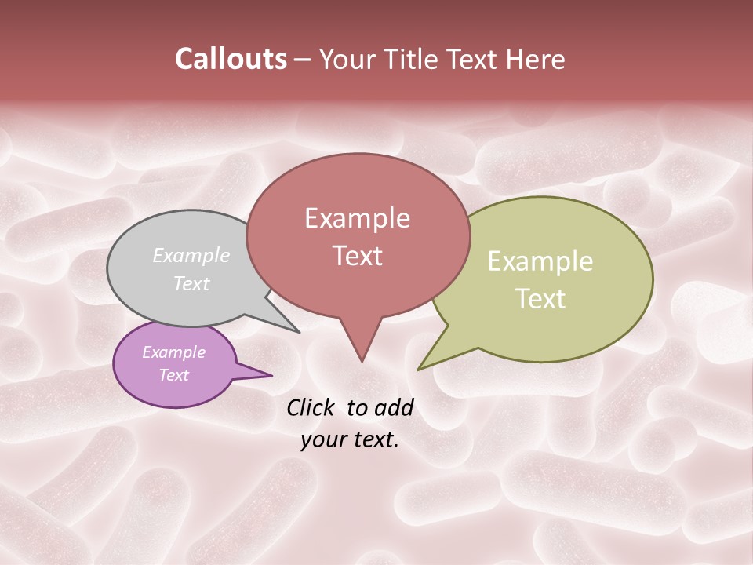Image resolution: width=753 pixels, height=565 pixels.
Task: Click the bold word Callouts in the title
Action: coord(231,59)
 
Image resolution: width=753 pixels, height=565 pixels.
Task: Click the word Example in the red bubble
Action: coord(357,218)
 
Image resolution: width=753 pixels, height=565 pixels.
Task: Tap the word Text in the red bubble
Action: coord(357,256)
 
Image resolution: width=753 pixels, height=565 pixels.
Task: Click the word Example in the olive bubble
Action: coord(540,261)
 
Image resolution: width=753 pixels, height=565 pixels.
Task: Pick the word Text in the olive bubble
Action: coord(540,299)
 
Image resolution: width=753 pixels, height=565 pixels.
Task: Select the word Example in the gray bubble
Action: coord(191,256)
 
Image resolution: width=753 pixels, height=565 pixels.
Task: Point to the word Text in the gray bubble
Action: coord(191,283)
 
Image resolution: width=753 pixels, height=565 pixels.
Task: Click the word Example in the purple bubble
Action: coord(173,352)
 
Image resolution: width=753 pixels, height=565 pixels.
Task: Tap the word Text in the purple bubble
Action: coord(173,375)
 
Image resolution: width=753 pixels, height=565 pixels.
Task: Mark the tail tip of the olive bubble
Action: coord(419,369)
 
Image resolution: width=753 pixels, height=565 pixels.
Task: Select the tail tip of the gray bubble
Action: coord(298,331)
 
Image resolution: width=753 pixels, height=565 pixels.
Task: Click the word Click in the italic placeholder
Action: coord(311,407)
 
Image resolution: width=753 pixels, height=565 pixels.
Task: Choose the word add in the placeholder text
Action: coord(395,407)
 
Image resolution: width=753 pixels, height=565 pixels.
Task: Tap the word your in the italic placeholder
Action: coord(322,439)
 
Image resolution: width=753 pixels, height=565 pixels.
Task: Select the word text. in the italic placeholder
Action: coord(375,439)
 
